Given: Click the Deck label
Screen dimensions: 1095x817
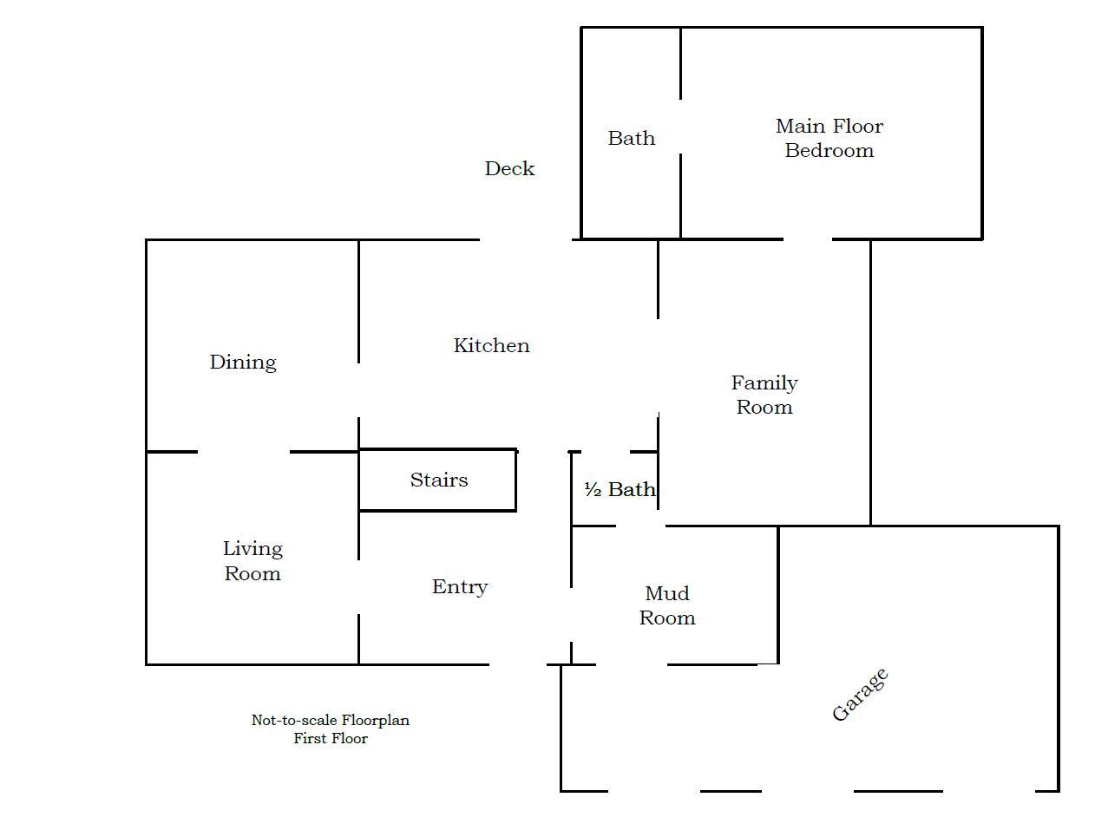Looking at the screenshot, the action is click(509, 168).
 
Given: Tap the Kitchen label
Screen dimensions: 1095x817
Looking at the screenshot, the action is click(491, 345).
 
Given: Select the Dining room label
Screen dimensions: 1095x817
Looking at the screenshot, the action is click(243, 363).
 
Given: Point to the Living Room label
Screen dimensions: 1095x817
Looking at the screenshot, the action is click(252, 561).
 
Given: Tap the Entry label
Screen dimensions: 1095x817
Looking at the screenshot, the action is click(460, 586).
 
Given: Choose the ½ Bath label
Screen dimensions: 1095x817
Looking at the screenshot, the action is click(620, 489).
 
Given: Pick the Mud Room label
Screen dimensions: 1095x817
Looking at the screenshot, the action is click(667, 605).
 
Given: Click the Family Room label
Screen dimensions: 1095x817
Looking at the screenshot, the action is click(764, 395).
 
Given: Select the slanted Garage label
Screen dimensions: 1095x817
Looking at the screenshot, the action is click(860, 695).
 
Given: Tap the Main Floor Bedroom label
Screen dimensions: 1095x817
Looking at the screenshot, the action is click(829, 138).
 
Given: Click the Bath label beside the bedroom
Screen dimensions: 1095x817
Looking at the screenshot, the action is click(631, 138).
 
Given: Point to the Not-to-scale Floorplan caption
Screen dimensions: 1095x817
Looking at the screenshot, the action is click(331, 720).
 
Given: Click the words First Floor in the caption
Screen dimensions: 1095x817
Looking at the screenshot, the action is click(331, 738).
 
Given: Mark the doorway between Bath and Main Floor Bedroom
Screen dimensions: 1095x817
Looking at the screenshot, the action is click(680, 127).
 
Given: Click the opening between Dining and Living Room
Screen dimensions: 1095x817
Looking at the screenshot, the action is click(244, 452).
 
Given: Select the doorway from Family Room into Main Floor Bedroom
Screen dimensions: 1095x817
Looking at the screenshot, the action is click(808, 239).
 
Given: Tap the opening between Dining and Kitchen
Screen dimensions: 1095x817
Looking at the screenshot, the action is click(358, 390).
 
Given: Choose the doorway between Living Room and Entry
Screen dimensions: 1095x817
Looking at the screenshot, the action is click(358, 586).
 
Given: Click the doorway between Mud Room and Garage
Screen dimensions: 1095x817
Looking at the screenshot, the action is click(632, 664).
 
